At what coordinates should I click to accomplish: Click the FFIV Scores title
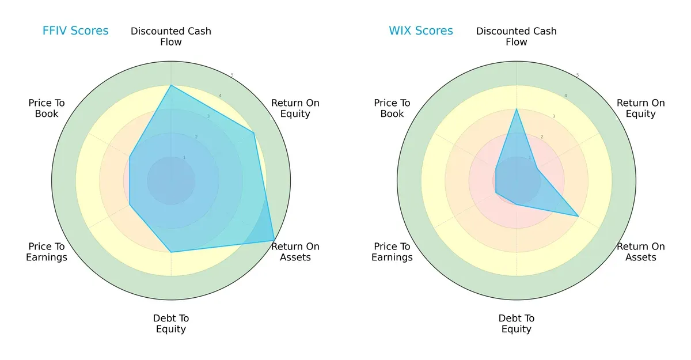(x=75, y=31)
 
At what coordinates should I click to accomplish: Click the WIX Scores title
(x=421, y=31)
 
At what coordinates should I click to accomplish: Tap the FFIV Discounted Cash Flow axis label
(x=171, y=36)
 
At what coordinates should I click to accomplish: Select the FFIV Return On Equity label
(x=295, y=108)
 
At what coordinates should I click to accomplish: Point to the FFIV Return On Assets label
(x=295, y=252)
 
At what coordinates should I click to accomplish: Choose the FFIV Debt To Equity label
(x=171, y=324)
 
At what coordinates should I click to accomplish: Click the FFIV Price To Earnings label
(x=47, y=252)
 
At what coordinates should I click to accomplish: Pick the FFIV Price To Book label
(x=47, y=108)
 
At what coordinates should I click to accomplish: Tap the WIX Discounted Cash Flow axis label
(x=517, y=36)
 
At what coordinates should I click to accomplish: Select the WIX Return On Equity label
(x=641, y=108)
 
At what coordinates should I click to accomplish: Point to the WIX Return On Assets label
(x=641, y=252)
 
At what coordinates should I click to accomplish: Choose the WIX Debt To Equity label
(x=517, y=324)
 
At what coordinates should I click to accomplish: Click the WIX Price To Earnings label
(x=392, y=252)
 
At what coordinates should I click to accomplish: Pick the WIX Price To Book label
(x=392, y=108)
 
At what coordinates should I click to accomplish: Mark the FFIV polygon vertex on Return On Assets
(x=274, y=240)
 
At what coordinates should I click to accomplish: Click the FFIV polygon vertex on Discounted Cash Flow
(x=171, y=85)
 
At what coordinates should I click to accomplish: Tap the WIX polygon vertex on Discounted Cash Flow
(x=517, y=109)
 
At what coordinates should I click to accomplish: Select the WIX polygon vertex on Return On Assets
(x=578, y=216)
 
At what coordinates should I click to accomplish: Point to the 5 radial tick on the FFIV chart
(x=232, y=75)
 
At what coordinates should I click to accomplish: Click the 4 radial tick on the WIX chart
(x=565, y=96)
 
